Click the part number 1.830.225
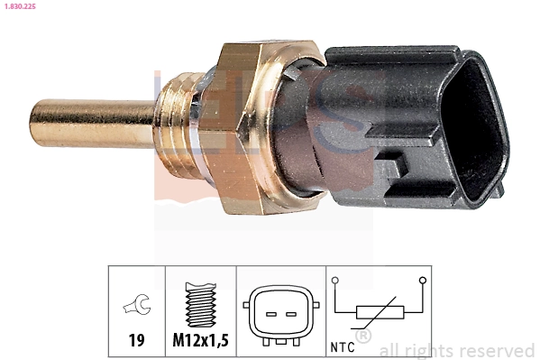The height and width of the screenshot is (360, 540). (x=21, y=5)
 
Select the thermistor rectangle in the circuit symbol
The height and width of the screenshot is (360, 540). (x=378, y=312)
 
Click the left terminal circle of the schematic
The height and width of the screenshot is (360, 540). (x=335, y=282)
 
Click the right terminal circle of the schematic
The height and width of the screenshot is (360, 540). (x=421, y=282)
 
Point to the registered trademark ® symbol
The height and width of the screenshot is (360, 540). (x=362, y=337)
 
